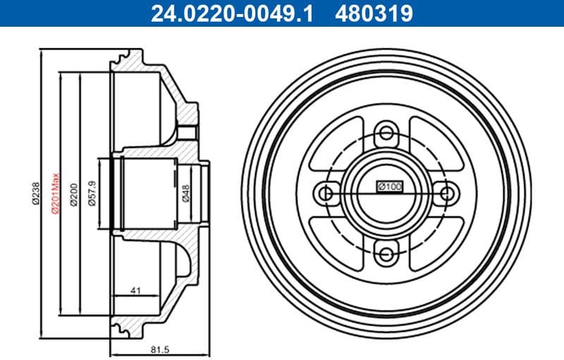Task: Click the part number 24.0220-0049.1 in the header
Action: (229, 13)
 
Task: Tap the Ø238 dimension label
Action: (35, 192)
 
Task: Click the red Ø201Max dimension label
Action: (54, 192)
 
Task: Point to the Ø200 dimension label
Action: (73, 192)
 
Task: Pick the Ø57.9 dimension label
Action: (92, 192)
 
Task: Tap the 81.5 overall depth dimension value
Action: (161, 348)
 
